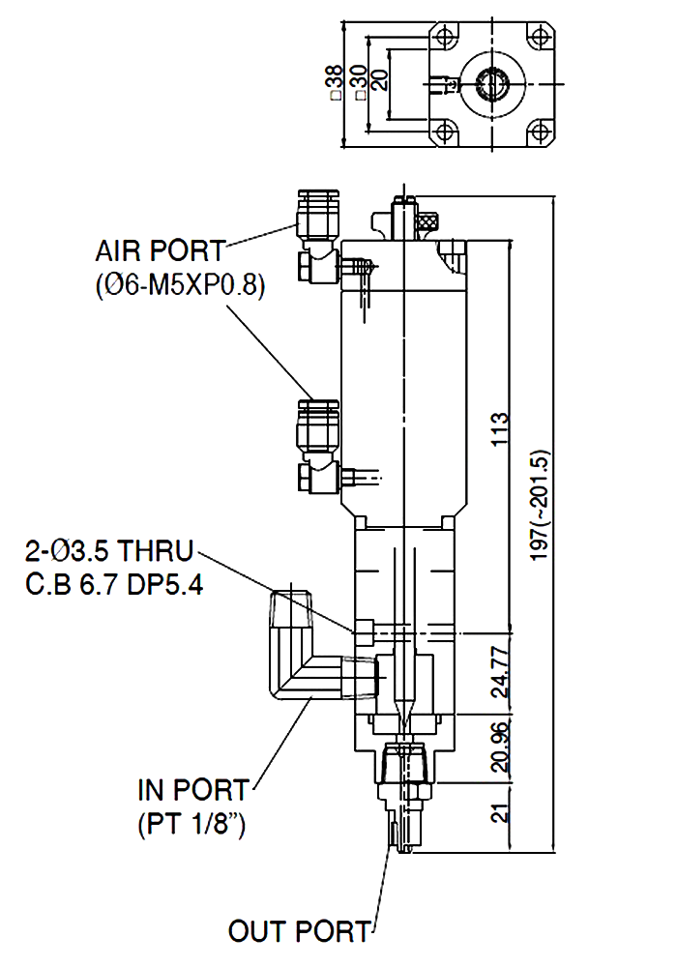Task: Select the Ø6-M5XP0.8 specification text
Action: [181, 287]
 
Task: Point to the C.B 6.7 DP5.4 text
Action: [114, 586]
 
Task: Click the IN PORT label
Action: [192, 790]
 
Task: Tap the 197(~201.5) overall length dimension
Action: [542, 504]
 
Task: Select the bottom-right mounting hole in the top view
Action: [538, 132]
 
